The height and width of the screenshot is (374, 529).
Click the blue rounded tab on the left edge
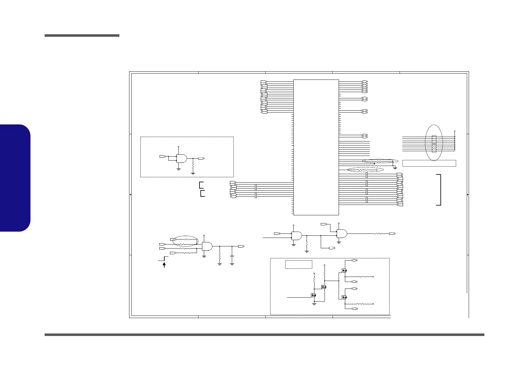(x=15, y=178)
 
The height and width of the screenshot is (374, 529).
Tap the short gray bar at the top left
(x=82, y=36)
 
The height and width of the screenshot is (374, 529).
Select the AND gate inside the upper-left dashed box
(x=181, y=158)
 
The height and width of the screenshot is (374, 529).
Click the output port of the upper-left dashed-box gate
(x=201, y=158)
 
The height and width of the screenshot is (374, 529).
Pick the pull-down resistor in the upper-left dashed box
(x=193, y=166)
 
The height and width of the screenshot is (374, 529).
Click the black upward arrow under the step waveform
(x=164, y=265)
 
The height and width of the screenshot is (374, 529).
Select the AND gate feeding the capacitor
(x=207, y=246)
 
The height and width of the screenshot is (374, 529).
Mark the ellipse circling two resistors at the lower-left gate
(x=186, y=241)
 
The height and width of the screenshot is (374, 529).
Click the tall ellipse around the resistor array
(x=434, y=142)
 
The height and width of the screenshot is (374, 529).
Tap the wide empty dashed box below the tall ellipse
(x=429, y=163)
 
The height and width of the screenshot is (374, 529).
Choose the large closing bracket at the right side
(x=439, y=190)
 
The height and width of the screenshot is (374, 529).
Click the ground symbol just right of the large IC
(x=395, y=168)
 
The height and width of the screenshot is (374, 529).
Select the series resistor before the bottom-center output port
(x=378, y=234)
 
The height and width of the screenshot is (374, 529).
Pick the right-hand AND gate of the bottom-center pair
(x=342, y=234)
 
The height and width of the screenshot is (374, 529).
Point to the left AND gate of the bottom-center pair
(x=297, y=236)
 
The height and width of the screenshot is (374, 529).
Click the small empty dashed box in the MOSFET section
(x=298, y=264)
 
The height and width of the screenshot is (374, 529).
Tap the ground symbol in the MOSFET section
(x=314, y=304)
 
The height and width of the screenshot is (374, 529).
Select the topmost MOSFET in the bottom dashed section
(x=344, y=270)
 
